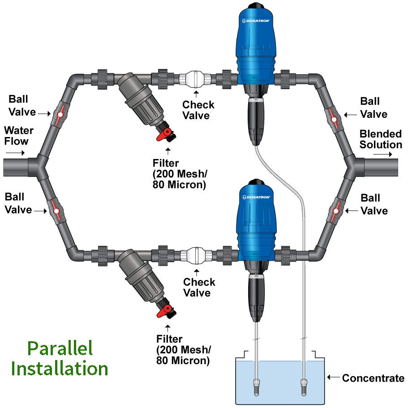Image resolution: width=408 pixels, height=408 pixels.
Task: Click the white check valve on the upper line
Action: [x=196, y=78]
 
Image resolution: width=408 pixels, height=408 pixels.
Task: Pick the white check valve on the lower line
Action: [x=196, y=256]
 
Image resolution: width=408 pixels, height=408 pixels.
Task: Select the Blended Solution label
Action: [x=381, y=139]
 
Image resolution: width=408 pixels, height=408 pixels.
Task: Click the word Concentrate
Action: [x=373, y=378]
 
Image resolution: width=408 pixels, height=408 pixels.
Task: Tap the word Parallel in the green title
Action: [x=60, y=348]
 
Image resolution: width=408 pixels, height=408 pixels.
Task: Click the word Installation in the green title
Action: [x=60, y=369]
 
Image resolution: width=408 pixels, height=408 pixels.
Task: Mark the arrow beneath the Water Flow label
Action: [x=16, y=152]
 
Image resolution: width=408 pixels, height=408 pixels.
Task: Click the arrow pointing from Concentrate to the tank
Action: [x=333, y=378]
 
